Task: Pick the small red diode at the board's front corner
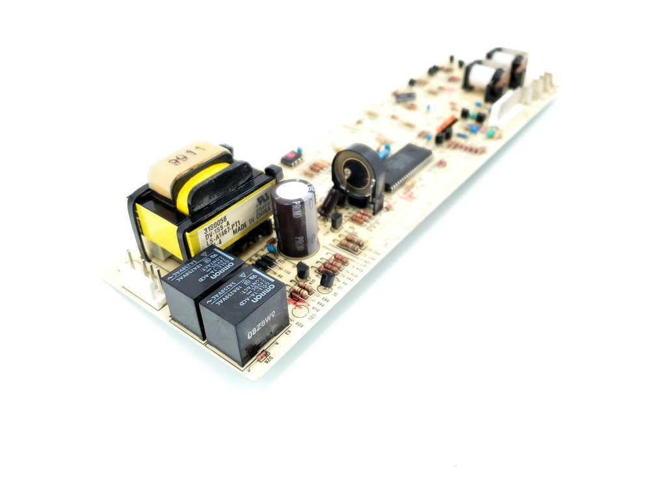click(263, 356)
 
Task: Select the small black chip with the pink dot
click(292, 157)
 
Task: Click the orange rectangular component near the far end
click(447, 124)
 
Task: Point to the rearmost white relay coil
click(507, 62)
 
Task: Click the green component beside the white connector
click(491, 133)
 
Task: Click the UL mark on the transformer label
click(263, 195)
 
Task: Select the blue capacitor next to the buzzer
click(384, 150)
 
